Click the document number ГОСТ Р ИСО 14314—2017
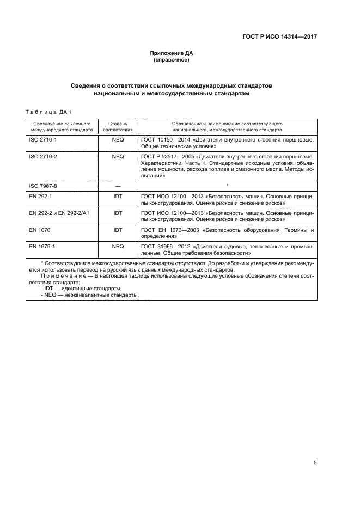point(279,36)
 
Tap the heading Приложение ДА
point(172,53)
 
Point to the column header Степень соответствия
point(118,127)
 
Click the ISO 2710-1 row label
point(39,140)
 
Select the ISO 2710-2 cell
point(39,156)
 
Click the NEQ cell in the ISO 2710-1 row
point(118,140)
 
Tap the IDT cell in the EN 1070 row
point(118,230)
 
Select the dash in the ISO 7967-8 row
point(118,186)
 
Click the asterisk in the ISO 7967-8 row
point(227,186)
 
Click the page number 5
point(315,463)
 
